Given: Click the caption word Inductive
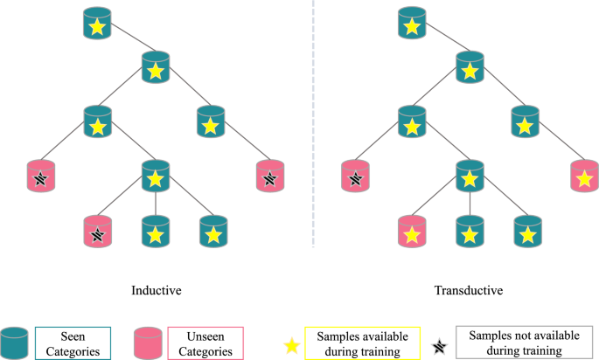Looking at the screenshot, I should click(x=156, y=289).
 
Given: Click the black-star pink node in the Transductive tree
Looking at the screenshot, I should click(x=354, y=176).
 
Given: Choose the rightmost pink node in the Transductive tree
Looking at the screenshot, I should click(x=582, y=176).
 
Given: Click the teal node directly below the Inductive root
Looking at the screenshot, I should click(x=156, y=67).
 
